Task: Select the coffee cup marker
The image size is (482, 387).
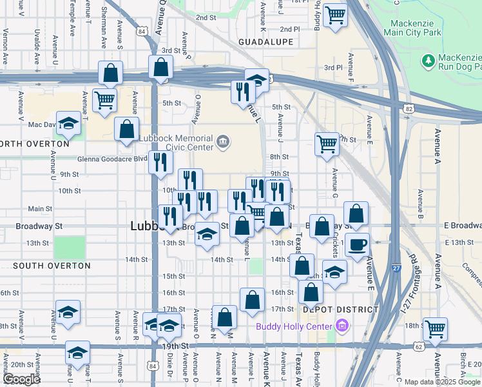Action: tap(357, 245)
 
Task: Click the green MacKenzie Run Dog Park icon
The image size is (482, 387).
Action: tap(427, 60)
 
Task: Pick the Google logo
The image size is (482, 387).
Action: tap(21, 379)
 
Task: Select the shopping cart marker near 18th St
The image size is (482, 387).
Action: tap(436, 328)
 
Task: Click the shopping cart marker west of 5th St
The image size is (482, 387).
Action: tap(104, 100)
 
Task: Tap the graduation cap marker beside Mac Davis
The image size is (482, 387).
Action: tap(68, 123)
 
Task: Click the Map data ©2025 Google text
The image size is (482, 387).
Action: tap(441, 381)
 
